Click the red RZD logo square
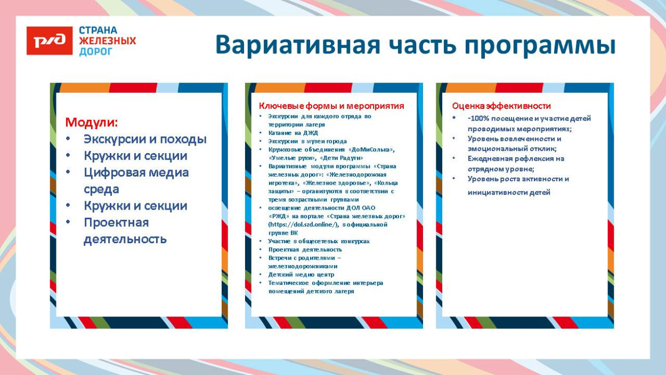49,41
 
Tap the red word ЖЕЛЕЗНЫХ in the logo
107,41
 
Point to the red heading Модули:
91,122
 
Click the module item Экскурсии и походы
145,139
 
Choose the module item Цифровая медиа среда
136,173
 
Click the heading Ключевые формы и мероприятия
331,106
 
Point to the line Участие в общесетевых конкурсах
319,241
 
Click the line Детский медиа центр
301,274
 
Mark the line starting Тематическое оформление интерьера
325,283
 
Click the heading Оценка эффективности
501,106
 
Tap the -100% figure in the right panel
477,118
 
